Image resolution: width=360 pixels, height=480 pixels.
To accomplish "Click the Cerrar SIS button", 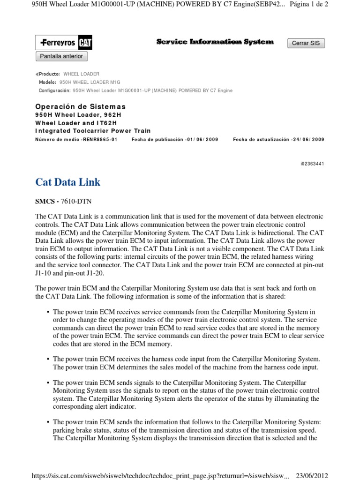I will point(306,43).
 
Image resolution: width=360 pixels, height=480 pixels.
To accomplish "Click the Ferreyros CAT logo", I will point(64,43).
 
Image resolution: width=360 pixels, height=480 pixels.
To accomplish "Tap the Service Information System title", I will point(215,42).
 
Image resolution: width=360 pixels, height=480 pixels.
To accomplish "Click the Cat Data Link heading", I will point(68,182).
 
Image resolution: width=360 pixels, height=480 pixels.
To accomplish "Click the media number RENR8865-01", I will point(99,140).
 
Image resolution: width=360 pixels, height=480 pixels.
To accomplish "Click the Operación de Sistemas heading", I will point(81,107).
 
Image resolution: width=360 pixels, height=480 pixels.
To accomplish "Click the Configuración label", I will point(54,90).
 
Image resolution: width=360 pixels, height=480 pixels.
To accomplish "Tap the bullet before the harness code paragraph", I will point(48,359).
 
